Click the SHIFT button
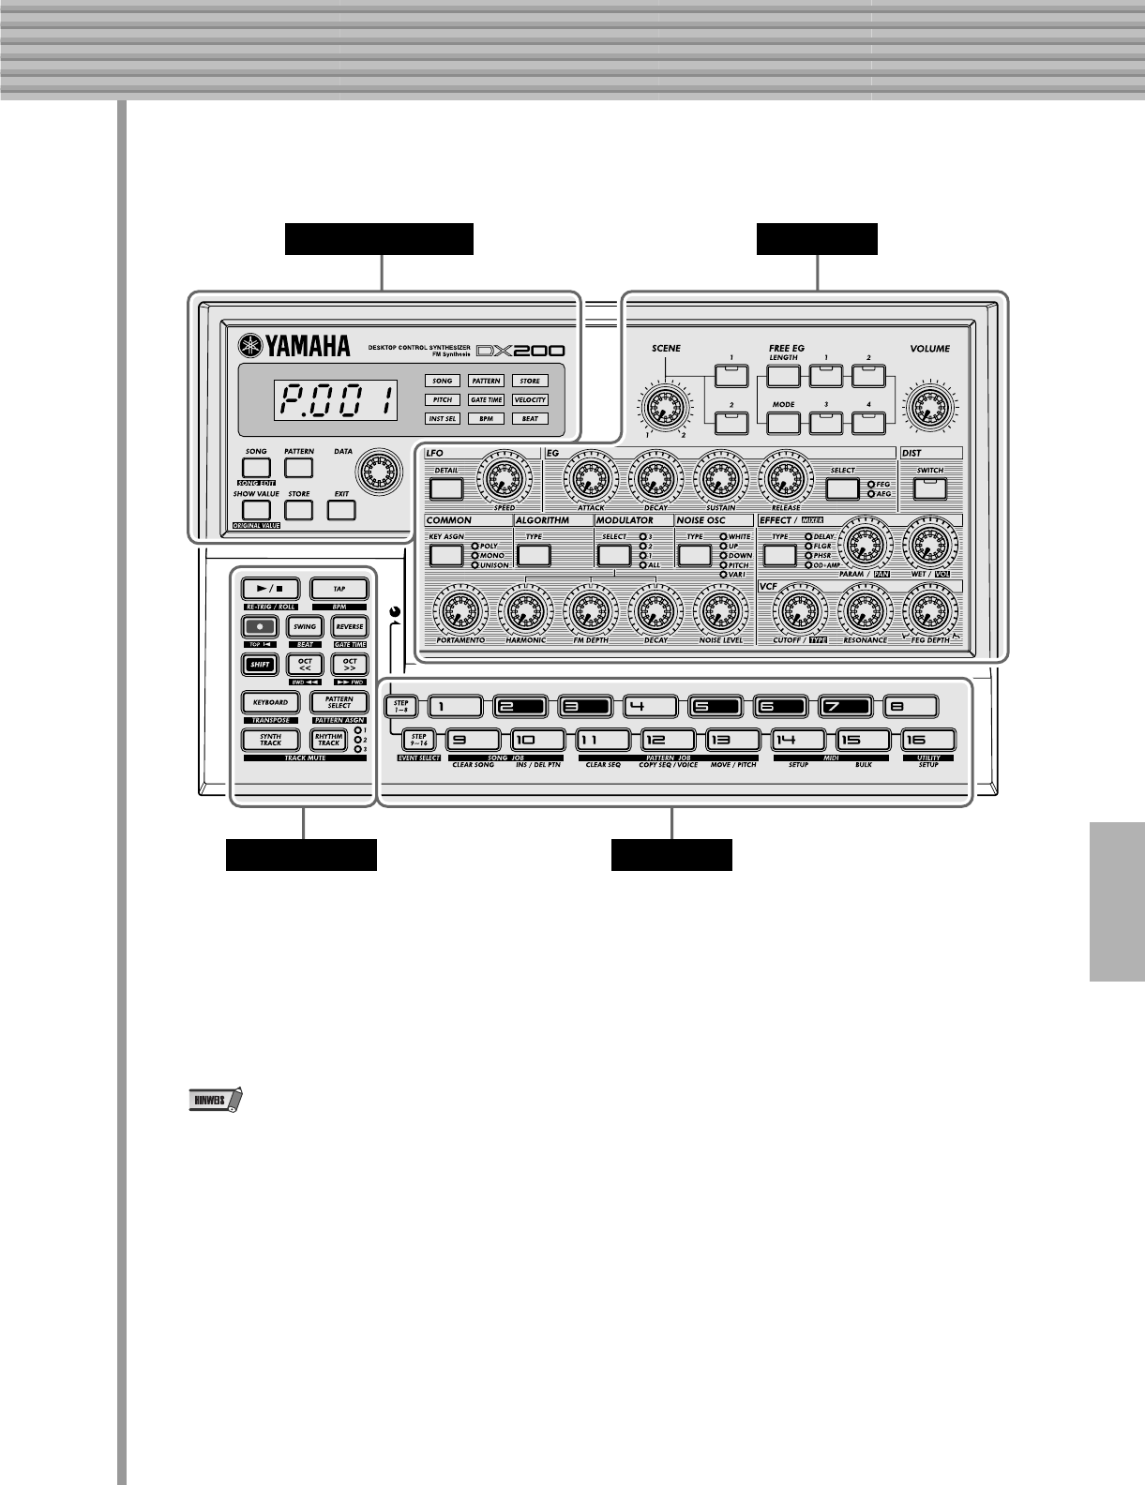point(260,665)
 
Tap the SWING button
point(305,626)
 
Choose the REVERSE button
point(350,626)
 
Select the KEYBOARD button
point(270,702)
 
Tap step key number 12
point(668,741)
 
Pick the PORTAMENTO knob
point(460,612)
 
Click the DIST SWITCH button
point(930,487)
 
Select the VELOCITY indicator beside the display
point(530,399)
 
